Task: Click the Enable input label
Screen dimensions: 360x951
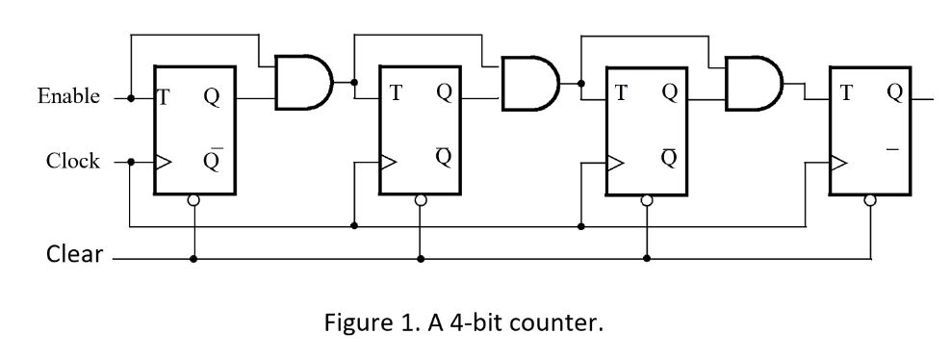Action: point(68,96)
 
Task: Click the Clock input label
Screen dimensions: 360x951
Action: point(72,162)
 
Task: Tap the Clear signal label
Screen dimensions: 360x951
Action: point(74,256)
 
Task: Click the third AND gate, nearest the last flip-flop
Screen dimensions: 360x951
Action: point(753,82)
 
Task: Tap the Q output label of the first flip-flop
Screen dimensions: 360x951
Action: point(212,96)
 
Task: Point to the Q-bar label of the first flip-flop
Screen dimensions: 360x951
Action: point(212,160)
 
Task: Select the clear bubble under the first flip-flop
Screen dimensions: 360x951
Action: point(194,201)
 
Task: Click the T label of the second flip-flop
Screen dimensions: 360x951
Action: point(395,93)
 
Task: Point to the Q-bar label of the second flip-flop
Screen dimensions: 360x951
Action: point(443,157)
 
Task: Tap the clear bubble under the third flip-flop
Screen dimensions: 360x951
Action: point(647,201)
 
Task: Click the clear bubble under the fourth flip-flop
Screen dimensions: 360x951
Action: point(870,201)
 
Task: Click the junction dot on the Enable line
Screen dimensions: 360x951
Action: point(130,98)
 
